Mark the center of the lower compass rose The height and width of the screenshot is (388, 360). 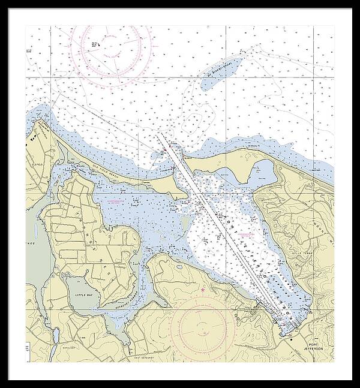coord(199,329)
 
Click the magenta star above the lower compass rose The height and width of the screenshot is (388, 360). coord(203,291)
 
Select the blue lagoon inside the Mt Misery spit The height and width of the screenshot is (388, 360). coord(262,173)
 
